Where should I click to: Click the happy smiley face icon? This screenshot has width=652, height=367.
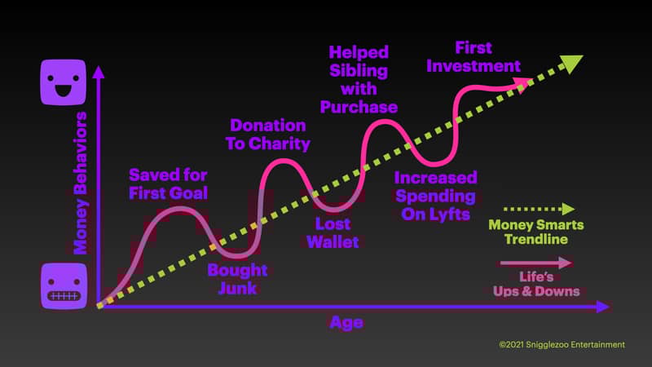tap(64, 82)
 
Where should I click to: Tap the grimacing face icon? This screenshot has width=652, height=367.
tap(64, 286)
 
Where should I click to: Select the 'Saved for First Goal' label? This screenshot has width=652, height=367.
tap(168, 184)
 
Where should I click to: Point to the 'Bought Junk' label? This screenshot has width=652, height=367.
tap(237, 279)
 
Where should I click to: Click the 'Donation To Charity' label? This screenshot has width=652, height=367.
tap(268, 135)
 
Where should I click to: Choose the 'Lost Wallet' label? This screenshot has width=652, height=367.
tap(333, 233)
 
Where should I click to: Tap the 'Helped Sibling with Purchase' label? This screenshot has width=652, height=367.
tap(359, 79)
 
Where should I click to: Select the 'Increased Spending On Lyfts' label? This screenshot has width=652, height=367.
tap(436, 196)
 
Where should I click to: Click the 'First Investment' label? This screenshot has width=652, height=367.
tap(474, 57)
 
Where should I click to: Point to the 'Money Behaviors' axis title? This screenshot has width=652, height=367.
tap(80, 183)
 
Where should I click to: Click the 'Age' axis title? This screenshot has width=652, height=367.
tap(346, 322)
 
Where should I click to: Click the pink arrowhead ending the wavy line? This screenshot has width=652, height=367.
tap(523, 84)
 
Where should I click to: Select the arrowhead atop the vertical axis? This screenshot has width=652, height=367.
tap(99, 72)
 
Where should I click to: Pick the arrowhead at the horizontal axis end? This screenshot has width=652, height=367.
tap(603, 307)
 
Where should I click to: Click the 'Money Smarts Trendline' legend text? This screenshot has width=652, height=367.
tap(536, 232)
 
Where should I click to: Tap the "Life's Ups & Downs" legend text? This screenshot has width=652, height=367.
tap(536, 284)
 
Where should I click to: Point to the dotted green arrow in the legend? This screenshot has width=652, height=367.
tap(540, 209)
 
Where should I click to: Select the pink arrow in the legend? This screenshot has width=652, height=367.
tap(536, 263)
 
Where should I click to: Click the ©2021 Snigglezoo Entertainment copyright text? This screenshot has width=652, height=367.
tap(562, 344)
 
